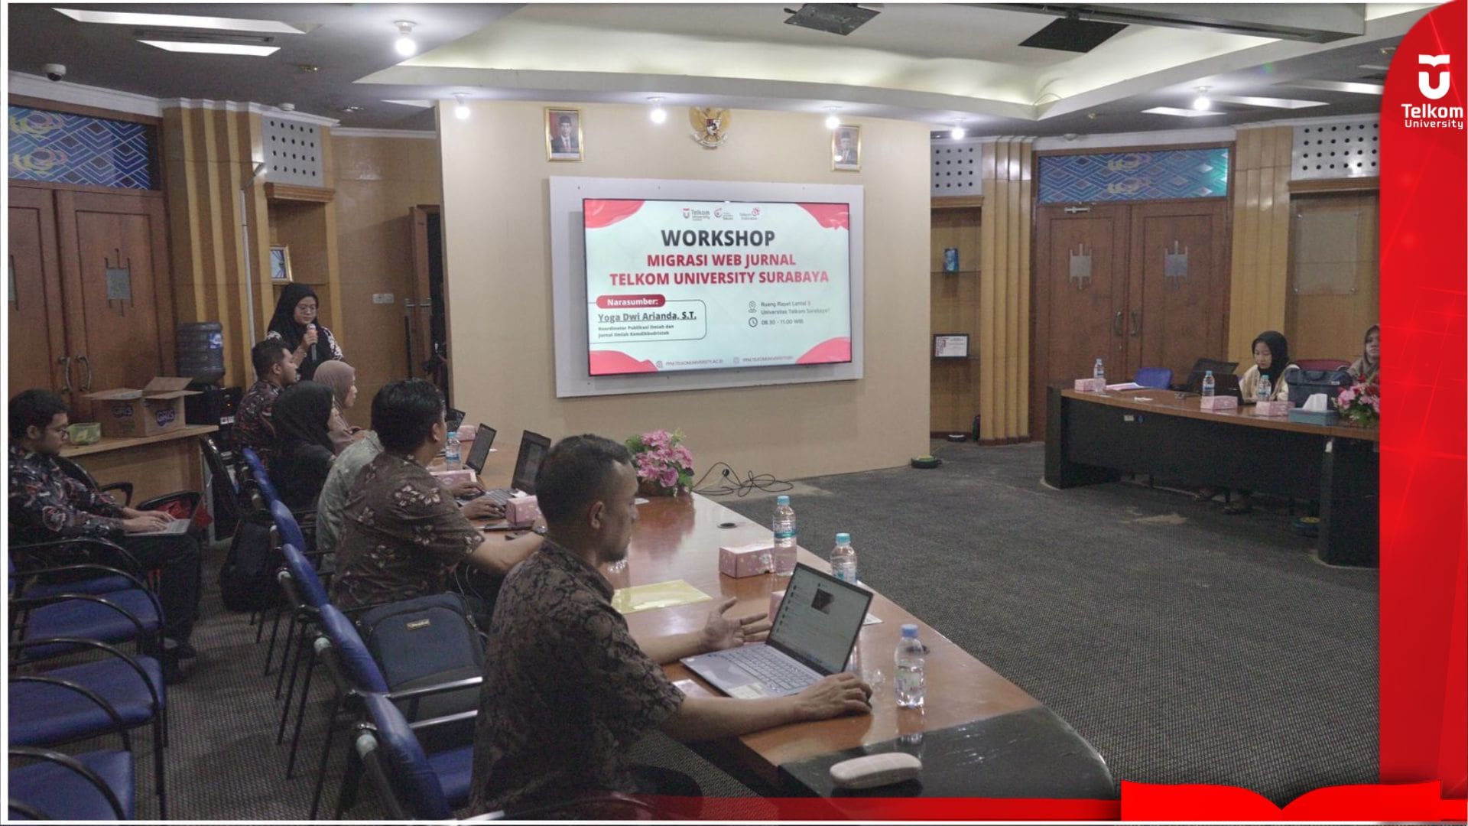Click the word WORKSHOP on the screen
click(x=717, y=238)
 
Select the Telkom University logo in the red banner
click(x=1432, y=90)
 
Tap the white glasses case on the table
click(x=875, y=769)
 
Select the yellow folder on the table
click(x=661, y=594)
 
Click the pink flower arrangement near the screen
click(x=660, y=459)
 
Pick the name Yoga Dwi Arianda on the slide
click(x=646, y=315)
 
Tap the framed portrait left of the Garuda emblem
click(x=563, y=134)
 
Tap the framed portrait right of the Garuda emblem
click(x=846, y=147)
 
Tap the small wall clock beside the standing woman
click(x=281, y=264)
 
